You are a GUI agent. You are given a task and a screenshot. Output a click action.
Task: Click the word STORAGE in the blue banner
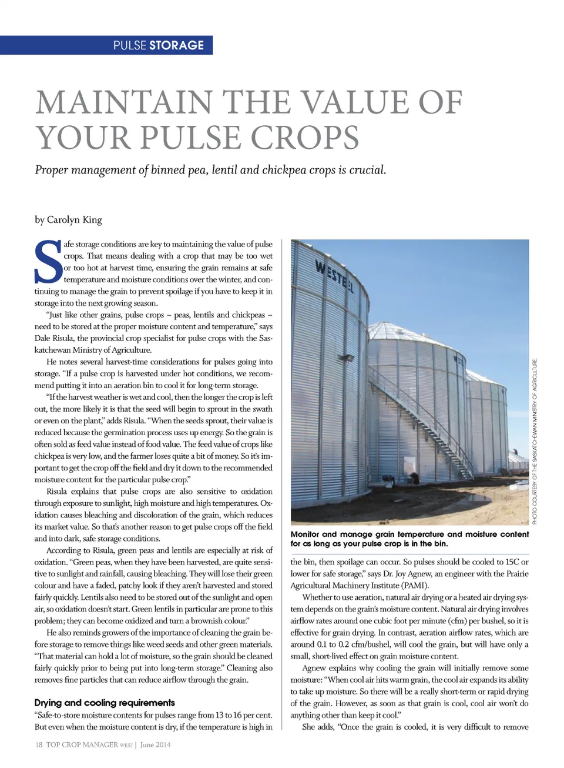tap(176, 45)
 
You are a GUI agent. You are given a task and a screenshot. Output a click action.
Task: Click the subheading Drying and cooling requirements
tap(105, 702)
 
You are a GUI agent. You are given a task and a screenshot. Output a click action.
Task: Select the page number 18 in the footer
tap(39, 744)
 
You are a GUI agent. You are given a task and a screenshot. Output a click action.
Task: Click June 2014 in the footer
tap(155, 744)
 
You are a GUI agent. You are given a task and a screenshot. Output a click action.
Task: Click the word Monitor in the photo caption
tap(305, 534)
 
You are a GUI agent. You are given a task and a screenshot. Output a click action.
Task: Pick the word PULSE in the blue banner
tap(129, 45)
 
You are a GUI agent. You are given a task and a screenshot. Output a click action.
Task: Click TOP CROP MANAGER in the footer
tap(82, 744)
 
